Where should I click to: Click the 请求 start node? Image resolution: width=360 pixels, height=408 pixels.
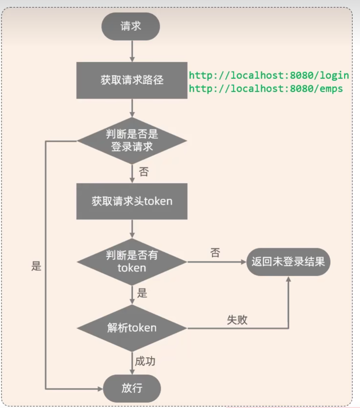131,27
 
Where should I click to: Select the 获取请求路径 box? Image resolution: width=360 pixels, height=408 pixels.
132,80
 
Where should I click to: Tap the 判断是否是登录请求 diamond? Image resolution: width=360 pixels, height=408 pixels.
132,140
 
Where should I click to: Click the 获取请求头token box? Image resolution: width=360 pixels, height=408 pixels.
132,201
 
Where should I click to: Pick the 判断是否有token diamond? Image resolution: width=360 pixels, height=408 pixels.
132,262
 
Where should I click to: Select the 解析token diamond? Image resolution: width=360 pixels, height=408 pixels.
132,328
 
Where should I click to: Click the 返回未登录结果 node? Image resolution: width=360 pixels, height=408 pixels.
288,262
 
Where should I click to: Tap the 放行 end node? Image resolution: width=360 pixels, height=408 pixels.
132,388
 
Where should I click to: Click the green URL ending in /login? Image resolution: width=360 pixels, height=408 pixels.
269,75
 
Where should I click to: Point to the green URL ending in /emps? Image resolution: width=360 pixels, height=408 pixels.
266,89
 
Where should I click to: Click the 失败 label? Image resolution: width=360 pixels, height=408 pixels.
237,319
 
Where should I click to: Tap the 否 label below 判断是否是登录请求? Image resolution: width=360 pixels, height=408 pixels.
144,172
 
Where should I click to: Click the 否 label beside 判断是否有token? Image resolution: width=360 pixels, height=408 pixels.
215,253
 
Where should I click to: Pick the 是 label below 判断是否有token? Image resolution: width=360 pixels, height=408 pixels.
142,293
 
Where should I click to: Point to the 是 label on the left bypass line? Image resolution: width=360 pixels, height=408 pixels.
36,266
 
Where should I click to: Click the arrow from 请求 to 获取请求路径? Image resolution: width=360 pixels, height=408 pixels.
132,51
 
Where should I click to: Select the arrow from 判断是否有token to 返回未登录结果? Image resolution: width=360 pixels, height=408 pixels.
217,262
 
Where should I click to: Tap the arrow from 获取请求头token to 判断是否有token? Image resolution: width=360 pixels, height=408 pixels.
132,229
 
